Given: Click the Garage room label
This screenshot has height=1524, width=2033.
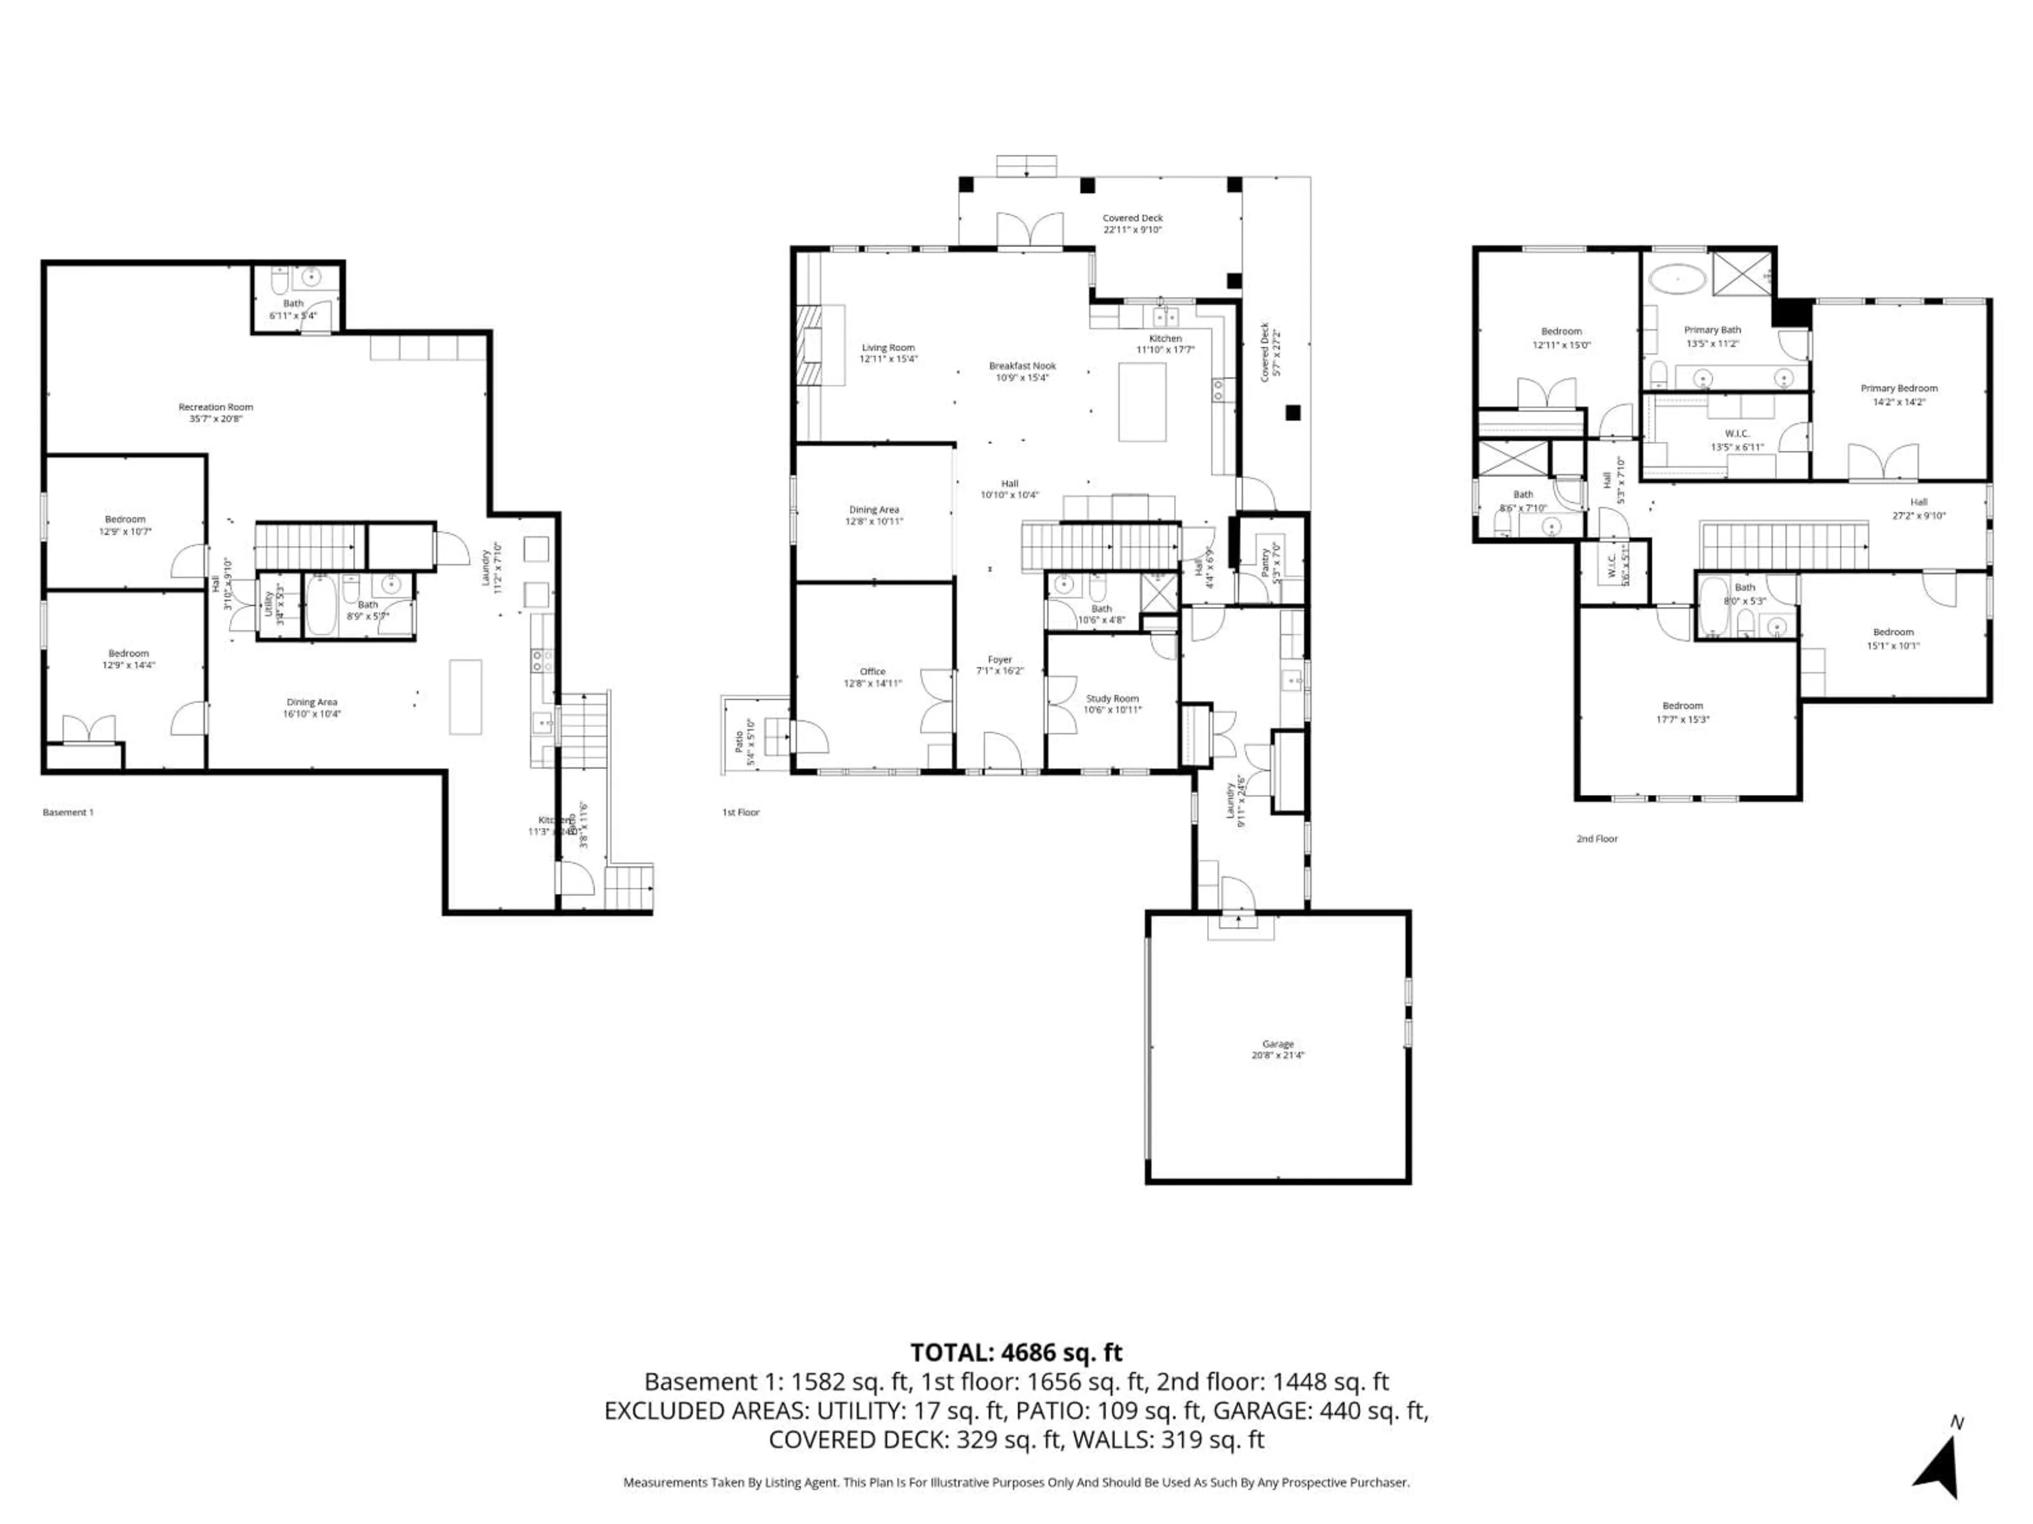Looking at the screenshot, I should click(1278, 1044).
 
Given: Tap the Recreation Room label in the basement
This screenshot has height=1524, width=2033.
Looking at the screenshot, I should click(215, 407).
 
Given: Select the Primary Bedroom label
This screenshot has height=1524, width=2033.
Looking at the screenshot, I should click(1899, 388).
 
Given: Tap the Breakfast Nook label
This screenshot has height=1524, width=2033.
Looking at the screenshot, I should click(1022, 366).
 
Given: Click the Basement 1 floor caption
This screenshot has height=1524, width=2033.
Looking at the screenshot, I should click(68, 812).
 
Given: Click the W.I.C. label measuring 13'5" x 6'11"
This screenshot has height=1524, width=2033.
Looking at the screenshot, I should click(1736, 433).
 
